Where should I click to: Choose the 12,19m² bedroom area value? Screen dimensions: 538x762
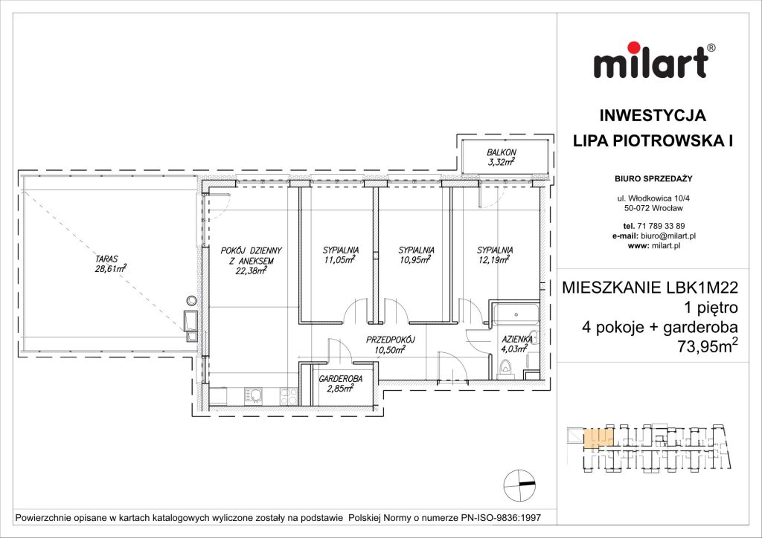tap(495, 260)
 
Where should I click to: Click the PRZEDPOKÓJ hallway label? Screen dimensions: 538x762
tap(390, 340)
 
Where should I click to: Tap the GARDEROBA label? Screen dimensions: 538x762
tap(340, 379)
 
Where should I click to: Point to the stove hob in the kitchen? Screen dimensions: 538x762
tap(287, 395)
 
